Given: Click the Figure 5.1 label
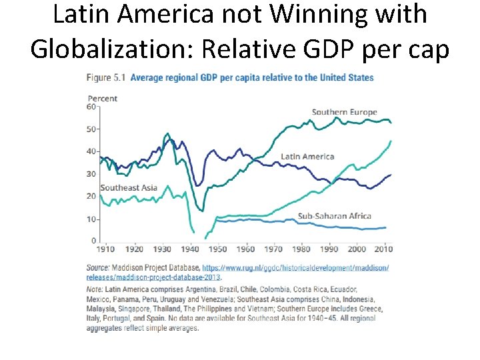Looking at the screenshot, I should click(x=105, y=78).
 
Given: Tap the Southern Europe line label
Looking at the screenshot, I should click(x=344, y=112).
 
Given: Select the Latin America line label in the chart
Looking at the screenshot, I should click(x=307, y=157).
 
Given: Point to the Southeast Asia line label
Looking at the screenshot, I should click(x=129, y=187).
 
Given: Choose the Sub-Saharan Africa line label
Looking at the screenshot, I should click(x=334, y=216).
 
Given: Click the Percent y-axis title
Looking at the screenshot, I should click(x=103, y=99).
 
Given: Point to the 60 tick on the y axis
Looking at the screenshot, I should click(x=91, y=107).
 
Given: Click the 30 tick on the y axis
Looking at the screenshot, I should click(x=91, y=174).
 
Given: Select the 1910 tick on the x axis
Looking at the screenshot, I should click(x=105, y=249).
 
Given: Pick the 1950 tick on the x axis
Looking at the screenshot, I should click(x=218, y=249).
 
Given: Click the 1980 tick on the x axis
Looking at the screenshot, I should click(x=302, y=249).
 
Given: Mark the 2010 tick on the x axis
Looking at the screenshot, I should click(x=383, y=249).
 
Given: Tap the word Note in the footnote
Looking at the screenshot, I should click(x=95, y=289).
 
